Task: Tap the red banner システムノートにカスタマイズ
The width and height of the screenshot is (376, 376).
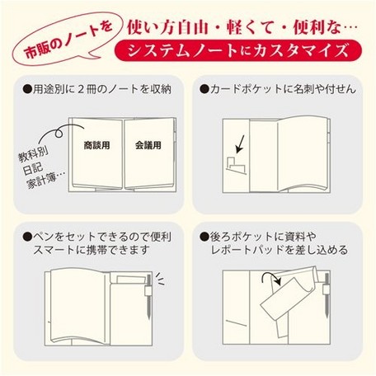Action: [238, 50]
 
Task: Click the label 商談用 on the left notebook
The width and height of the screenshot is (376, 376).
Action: [96, 145]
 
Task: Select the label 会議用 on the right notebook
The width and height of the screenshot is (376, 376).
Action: [148, 145]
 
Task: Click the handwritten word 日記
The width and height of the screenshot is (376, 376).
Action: [32, 169]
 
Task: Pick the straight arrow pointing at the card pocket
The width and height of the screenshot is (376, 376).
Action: [240, 143]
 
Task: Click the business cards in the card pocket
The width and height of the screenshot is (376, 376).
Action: [236, 166]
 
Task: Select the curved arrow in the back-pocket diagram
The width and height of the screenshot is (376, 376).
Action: [270, 279]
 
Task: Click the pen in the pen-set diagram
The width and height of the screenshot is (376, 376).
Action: [148, 297]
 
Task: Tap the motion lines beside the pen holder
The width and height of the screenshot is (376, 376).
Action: [160, 280]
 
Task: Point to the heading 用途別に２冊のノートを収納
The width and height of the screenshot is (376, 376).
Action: [97, 89]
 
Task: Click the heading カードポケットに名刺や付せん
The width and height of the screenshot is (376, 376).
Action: [278, 89]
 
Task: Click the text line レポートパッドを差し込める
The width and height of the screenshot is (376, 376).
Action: [280, 250]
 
